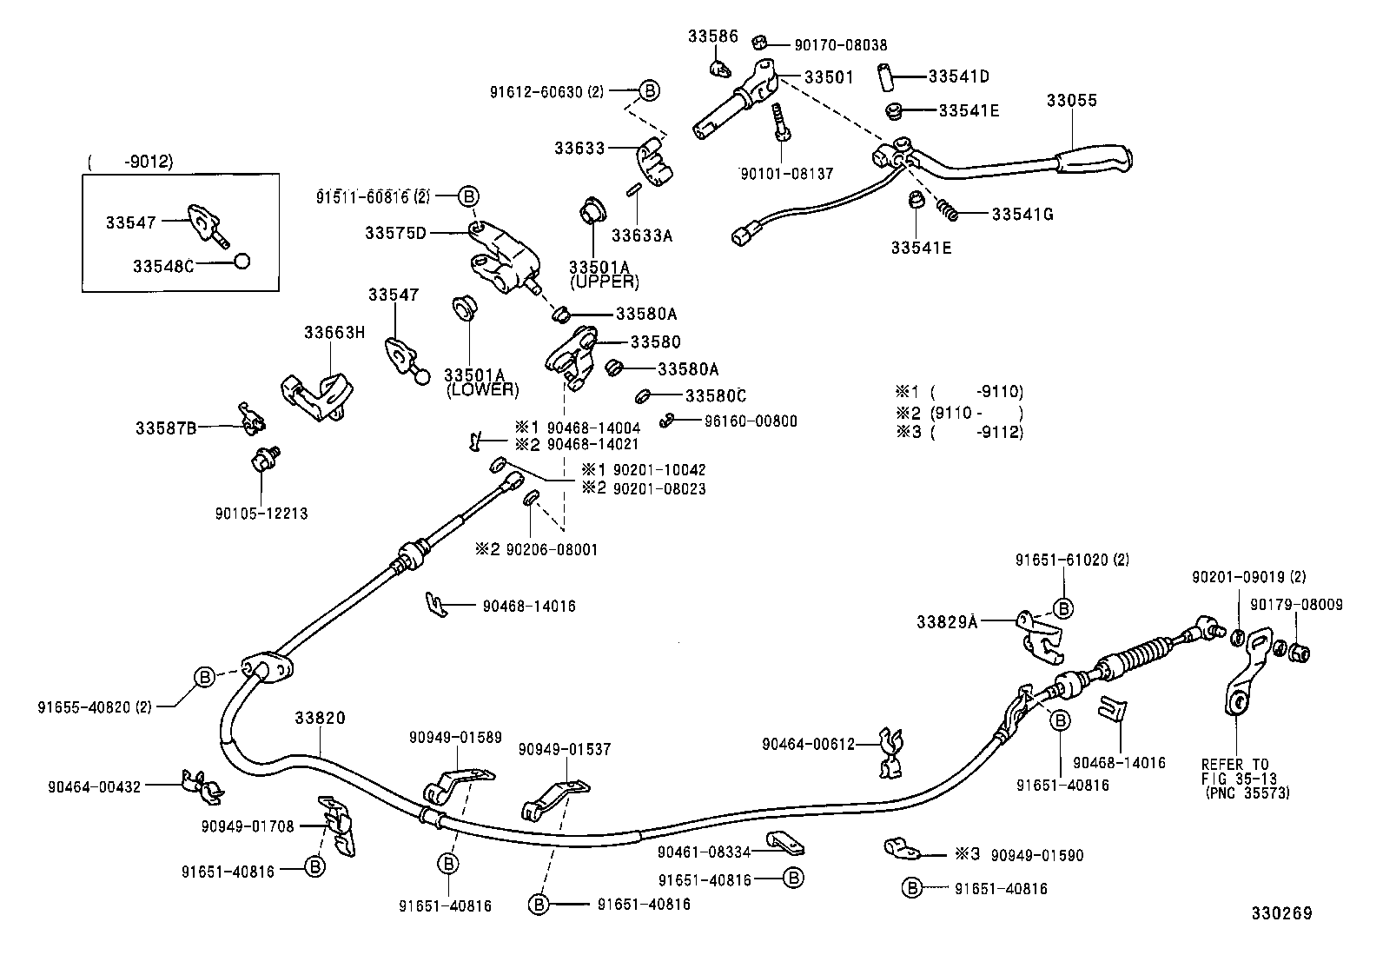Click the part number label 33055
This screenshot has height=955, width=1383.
tap(1071, 101)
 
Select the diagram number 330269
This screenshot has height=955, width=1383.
tap(1281, 913)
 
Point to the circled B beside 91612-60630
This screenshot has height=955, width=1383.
tap(650, 90)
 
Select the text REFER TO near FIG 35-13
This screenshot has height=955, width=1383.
tap(1234, 764)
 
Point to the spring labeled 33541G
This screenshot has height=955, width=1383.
tap(949, 209)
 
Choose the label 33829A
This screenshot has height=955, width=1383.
tap(947, 622)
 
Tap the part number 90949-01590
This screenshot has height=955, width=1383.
tap(1038, 855)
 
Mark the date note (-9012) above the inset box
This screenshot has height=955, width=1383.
tap(131, 162)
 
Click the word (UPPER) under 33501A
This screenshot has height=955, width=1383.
tap(604, 282)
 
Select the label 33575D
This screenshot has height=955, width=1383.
tap(395, 233)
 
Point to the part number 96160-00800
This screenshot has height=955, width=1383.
tap(751, 421)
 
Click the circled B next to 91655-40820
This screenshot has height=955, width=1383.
tap(203, 677)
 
